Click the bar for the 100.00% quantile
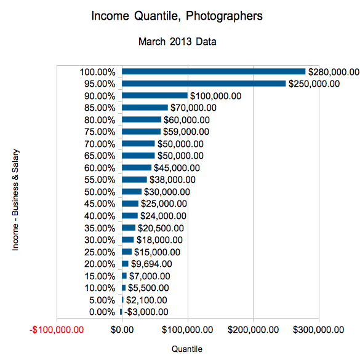214,71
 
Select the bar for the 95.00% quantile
204,84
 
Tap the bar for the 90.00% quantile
155,95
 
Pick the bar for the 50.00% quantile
132,191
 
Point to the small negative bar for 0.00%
121,312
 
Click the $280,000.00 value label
334,72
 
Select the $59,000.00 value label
186,132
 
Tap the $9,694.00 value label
151,264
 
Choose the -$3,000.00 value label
146,312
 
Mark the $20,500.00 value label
161,228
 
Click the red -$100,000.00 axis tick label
57,330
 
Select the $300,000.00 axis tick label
319,330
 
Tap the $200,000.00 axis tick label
253,330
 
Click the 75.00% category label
100,132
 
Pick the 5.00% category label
102,300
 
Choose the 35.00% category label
100,228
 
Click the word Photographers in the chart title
224,16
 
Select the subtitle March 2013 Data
177,42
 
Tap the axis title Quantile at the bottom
187,349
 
